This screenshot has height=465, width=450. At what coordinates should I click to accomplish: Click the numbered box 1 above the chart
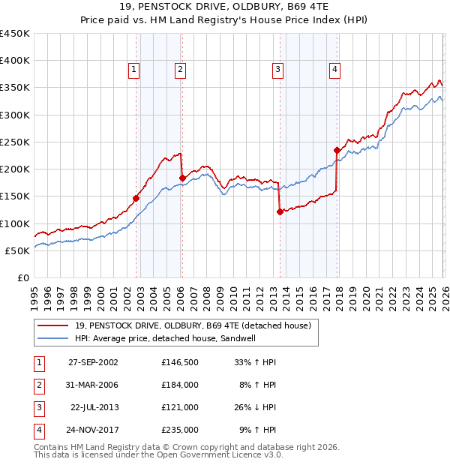(133, 70)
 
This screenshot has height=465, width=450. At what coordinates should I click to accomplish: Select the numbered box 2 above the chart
(181, 70)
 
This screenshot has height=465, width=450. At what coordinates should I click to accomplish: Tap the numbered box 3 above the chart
(277, 70)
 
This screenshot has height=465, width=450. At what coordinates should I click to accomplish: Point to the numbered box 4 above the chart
(334, 70)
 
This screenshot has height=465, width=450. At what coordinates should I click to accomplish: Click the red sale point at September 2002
(136, 199)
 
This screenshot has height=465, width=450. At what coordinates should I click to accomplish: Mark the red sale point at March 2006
(182, 178)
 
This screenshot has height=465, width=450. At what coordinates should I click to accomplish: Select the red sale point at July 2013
(280, 212)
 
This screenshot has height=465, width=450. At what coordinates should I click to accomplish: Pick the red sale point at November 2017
(337, 150)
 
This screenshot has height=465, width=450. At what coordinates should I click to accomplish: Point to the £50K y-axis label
(17, 250)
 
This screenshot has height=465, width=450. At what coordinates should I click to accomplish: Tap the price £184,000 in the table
(180, 384)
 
